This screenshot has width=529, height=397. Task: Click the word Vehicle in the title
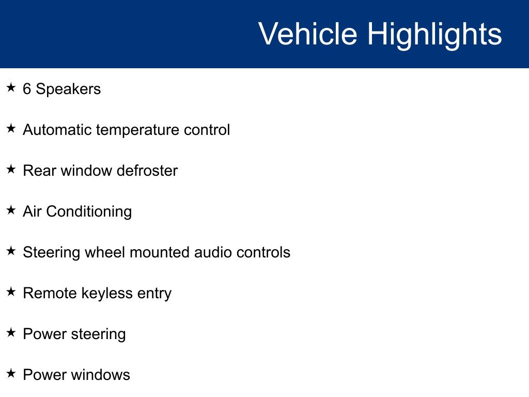click(x=308, y=34)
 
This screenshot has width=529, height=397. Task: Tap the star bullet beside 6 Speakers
click(x=11, y=87)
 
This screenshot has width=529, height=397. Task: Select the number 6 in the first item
click(x=27, y=89)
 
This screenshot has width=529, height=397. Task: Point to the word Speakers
click(x=69, y=89)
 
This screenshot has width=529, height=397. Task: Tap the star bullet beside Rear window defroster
click(x=11, y=169)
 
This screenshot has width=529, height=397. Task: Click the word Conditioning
click(x=89, y=212)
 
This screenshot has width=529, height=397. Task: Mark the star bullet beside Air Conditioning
click(x=11, y=210)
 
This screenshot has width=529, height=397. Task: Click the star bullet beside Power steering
click(x=11, y=332)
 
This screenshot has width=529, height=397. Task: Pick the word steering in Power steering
click(x=98, y=334)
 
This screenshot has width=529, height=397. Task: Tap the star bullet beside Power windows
click(x=11, y=373)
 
